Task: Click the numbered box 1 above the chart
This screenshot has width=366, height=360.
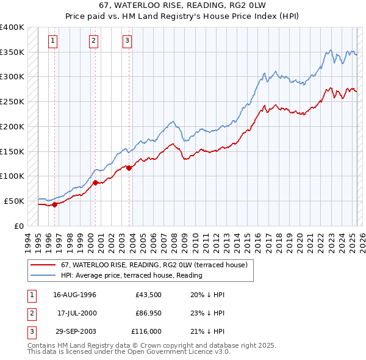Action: point(54,41)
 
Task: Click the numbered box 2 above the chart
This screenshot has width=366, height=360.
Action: point(94,41)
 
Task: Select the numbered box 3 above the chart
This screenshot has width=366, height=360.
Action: point(127,41)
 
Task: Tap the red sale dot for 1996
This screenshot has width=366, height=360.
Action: point(55,204)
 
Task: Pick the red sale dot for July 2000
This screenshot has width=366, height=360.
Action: point(95,182)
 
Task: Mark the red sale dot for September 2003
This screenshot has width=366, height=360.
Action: point(129,168)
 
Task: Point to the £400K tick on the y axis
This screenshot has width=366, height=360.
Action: point(12,27)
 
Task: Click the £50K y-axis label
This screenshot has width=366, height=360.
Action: point(15,201)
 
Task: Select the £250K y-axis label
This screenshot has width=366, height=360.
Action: point(12,102)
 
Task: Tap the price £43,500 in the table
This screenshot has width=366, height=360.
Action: point(149,295)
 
